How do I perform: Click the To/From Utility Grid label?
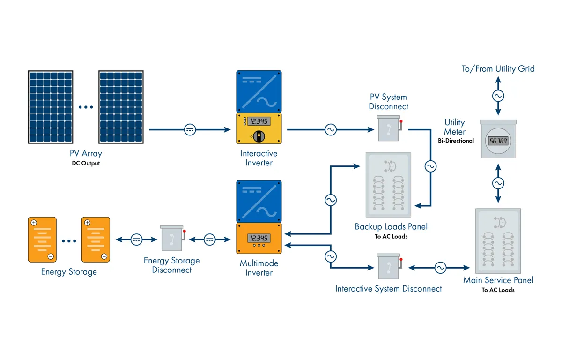point(498,69)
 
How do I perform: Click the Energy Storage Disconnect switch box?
point(172,239)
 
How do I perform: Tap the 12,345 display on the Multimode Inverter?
point(259,237)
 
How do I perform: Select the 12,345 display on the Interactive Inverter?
point(259,121)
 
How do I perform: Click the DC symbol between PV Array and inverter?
point(190,130)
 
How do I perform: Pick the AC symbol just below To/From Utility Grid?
point(498,96)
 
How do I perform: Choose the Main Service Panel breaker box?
point(498,240)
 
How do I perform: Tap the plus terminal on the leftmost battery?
point(34,222)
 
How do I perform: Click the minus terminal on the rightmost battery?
point(104,256)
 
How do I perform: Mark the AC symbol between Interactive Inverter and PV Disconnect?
point(331,130)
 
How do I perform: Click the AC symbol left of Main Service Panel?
point(440,268)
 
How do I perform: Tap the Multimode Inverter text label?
point(259,268)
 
